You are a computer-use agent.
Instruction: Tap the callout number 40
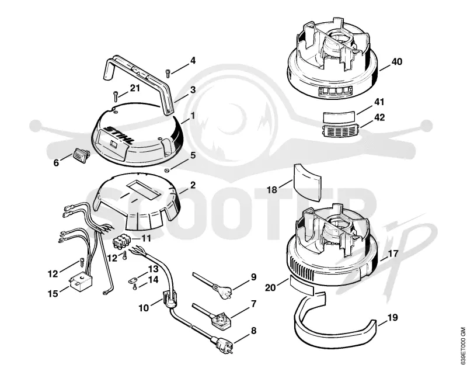click(396, 62)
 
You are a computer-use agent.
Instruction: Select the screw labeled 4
click(168, 73)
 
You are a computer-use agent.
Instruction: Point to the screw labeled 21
click(116, 96)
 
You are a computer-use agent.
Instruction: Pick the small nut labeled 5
click(168, 171)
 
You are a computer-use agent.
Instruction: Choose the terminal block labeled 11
click(120, 241)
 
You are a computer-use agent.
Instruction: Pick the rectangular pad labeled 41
click(339, 116)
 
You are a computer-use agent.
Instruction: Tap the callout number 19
click(393, 318)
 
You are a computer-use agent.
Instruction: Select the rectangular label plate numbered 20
click(301, 286)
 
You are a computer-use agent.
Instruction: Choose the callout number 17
click(393, 254)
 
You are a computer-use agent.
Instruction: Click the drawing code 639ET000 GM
click(462, 346)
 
